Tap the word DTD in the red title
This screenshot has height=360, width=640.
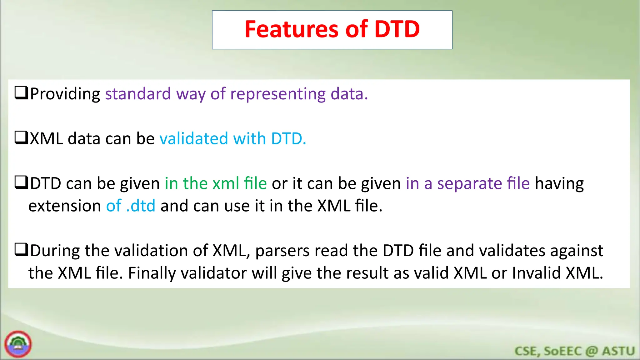pyautogui.click(x=397, y=29)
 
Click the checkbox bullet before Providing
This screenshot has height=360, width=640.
pyautogui.click(x=22, y=93)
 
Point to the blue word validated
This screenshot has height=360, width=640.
pyautogui.click(x=193, y=138)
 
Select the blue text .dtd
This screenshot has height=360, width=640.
pyautogui.click(x=141, y=206)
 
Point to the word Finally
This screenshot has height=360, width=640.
pyautogui.click(x=152, y=273)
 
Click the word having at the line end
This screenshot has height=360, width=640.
pyautogui.click(x=559, y=183)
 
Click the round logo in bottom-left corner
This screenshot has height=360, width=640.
pyautogui.click(x=18, y=344)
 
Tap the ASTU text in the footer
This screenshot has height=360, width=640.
pyautogui.click(x=618, y=351)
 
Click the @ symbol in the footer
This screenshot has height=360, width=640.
pyautogui.click(x=592, y=351)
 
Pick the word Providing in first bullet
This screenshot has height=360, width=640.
pyautogui.click(x=65, y=94)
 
